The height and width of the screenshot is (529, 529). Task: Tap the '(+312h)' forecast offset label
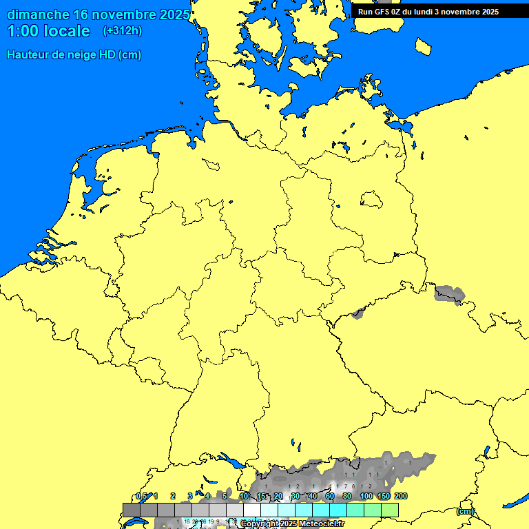pyautogui.click(x=123, y=31)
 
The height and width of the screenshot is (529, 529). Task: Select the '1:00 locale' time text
pyautogui.click(x=48, y=31)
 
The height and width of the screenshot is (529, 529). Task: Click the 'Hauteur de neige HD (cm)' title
pyautogui.click(x=74, y=55)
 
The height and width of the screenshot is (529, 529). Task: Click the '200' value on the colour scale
pyautogui.click(x=401, y=496)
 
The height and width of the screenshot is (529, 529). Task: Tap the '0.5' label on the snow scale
pyautogui.click(x=141, y=496)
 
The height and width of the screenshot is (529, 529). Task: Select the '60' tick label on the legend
pyautogui.click(x=330, y=496)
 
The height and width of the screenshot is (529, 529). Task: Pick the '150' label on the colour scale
pyautogui.click(x=384, y=496)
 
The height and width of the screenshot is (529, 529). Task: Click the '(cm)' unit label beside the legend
pyautogui.click(x=466, y=511)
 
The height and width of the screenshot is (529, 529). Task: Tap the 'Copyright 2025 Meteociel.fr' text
pyautogui.click(x=292, y=524)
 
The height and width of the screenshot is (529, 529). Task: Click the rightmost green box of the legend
pyautogui.click(x=390, y=510)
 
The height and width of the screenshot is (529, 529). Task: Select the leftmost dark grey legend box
pyautogui.click(x=132, y=510)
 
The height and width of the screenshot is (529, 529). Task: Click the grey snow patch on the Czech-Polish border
pyautogui.click(x=449, y=294)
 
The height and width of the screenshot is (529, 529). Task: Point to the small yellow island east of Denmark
pyautogui.click(x=424, y=46)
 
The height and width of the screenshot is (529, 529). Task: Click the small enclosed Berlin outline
pyautogui.click(x=371, y=200)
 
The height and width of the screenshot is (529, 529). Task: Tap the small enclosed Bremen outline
pyautogui.click(x=211, y=164)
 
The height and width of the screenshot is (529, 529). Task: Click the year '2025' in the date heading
pyautogui.click(x=175, y=14)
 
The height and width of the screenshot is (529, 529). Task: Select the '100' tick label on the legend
pyautogui.click(x=366, y=496)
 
